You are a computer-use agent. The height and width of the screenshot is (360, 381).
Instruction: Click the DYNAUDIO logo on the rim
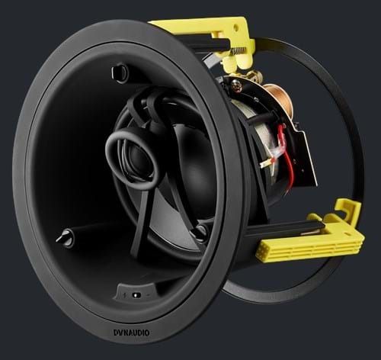(131, 333)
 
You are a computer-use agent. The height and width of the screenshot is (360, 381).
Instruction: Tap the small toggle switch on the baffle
(136, 295)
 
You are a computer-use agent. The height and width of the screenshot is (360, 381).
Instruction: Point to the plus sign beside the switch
(124, 295)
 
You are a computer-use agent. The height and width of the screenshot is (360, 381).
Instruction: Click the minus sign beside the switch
(149, 295)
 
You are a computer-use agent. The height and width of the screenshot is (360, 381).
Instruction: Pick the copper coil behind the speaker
(279, 98)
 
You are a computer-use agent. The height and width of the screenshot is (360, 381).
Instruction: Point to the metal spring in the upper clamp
(239, 51)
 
